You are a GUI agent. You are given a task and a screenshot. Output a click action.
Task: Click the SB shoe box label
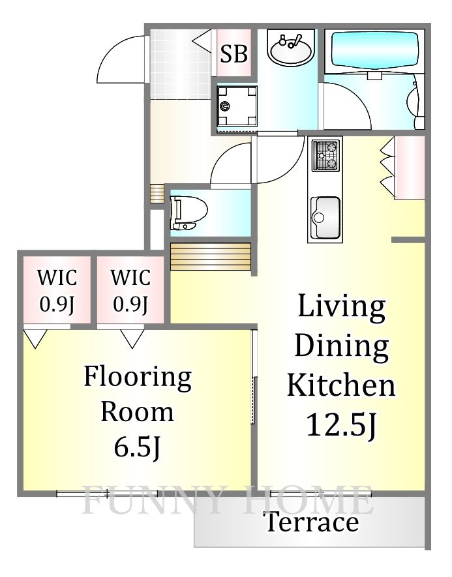tap(234, 53)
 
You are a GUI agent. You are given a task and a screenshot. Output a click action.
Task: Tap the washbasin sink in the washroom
tap(291, 50)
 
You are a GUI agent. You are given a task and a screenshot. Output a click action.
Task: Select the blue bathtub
tap(375, 50)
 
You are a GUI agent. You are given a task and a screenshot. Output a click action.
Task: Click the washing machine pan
tap(237, 106)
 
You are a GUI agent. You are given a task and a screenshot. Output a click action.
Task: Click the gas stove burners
tap(325, 156)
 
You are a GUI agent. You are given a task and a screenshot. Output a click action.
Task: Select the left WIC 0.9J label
tap(57, 290)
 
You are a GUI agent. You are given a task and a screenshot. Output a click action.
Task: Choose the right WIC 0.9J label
tap(130, 290)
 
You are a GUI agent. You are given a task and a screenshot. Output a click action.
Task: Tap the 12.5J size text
tap(342, 425)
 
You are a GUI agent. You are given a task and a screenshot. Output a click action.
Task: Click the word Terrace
tap(312, 522)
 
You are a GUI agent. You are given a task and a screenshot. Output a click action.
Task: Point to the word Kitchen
tap(341, 385)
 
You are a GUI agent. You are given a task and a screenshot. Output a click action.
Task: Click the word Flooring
tap(138, 378)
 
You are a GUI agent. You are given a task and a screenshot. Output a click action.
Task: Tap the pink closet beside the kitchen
tap(410, 168)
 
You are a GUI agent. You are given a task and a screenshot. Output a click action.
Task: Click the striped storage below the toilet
tap(211, 256)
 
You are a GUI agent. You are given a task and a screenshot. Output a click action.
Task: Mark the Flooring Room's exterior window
tap(107, 494)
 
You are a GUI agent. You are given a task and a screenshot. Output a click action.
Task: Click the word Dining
tap(342, 346)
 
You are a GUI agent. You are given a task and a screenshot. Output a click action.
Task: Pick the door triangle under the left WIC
tap(35, 338)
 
